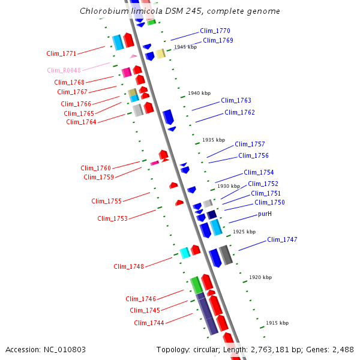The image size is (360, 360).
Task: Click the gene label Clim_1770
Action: (x=215, y=31)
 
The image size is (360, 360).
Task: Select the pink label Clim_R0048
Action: (x=64, y=70)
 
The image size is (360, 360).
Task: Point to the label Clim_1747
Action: (x=282, y=239)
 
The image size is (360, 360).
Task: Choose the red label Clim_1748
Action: (x=129, y=266)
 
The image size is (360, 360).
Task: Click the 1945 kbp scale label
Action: (x=185, y=47)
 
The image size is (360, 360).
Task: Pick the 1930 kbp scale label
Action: (x=229, y=187)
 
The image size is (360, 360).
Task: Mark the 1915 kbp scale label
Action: (x=277, y=323)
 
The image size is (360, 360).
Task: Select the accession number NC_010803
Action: (x=64, y=349)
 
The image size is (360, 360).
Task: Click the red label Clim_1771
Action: (x=61, y=53)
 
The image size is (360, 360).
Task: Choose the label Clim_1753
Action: (x=112, y=218)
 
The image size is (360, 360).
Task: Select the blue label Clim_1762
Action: (x=239, y=112)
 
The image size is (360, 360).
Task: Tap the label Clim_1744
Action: (x=149, y=323)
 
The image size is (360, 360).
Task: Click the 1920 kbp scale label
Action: (x=260, y=277)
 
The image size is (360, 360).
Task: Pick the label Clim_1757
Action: (x=250, y=144)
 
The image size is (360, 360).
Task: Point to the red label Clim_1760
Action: (x=96, y=168)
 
